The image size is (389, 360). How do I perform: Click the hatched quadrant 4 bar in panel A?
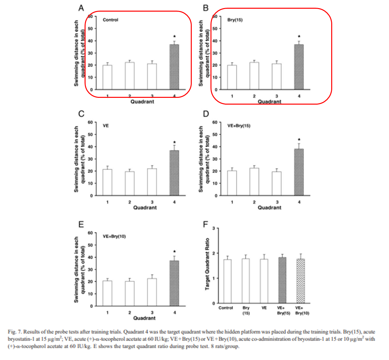click(x=174, y=67)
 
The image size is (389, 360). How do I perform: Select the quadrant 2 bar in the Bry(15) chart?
click(x=254, y=76)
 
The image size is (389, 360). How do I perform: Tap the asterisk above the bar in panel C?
click(x=174, y=142)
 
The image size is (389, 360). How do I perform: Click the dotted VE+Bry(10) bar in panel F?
click(x=301, y=281)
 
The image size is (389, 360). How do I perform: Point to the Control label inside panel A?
click(x=110, y=20)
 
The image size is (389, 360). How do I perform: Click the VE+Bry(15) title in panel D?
click(x=239, y=126)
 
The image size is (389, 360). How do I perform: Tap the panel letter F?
click(x=206, y=224)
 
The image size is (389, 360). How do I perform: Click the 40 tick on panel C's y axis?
click(x=90, y=147)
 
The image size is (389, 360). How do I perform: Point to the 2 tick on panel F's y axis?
click(x=213, y=253)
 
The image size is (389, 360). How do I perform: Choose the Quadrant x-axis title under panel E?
click(x=144, y=318)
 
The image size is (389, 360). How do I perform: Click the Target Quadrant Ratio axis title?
click(x=208, y=264)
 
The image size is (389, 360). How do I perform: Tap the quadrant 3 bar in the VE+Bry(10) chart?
click(x=152, y=292)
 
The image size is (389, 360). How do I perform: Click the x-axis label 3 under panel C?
click(x=152, y=202)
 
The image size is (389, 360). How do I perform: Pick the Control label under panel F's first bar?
click(x=226, y=308)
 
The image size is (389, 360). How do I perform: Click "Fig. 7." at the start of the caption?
click(x=15, y=332)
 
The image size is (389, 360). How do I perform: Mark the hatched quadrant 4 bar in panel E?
click(x=174, y=283)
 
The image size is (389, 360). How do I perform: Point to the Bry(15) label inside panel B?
click(x=235, y=20)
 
